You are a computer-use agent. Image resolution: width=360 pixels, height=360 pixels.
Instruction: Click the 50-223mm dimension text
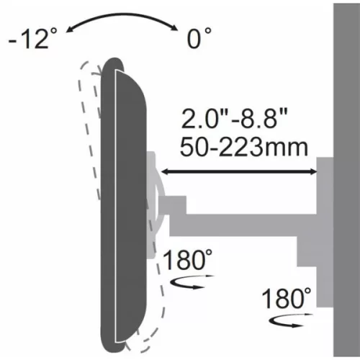245,147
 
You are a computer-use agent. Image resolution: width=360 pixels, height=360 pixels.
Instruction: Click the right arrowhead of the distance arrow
314,171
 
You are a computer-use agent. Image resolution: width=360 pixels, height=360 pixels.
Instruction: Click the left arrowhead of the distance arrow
163,171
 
